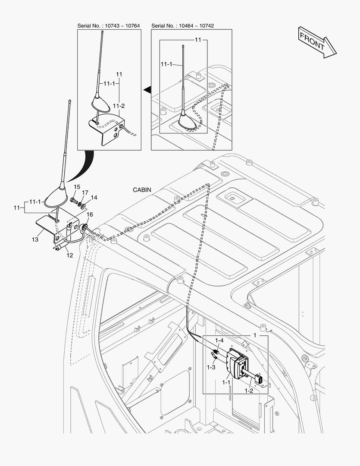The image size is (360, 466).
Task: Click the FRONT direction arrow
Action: pyautogui.click(x=317, y=42)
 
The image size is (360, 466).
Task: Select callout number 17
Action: pyautogui.click(x=85, y=192)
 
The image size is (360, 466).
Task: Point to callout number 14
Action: pyautogui.click(x=94, y=198)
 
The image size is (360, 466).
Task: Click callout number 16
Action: pyautogui.click(x=90, y=214)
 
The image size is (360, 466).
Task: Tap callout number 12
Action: pyautogui.click(x=69, y=255)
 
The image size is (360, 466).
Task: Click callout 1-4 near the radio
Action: pyautogui.click(x=219, y=340)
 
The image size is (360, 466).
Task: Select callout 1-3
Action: pyautogui.click(x=211, y=367)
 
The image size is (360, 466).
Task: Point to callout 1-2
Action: pyautogui.click(x=248, y=390)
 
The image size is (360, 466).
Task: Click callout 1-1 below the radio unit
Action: pyautogui.click(x=226, y=382)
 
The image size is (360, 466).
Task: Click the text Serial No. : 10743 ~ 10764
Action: pyautogui.click(x=109, y=26)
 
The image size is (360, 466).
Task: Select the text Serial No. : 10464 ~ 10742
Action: pyautogui.click(x=183, y=26)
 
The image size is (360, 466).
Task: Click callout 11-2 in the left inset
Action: pyautogui.click(x=119, y=106)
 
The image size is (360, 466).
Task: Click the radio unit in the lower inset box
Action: pyautogui.click(x=236, y=363)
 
